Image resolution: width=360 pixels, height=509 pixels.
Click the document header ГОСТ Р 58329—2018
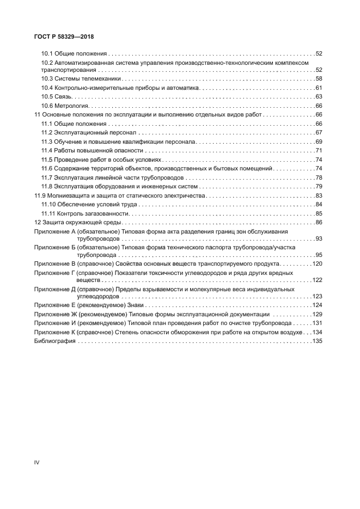tap(64, 37)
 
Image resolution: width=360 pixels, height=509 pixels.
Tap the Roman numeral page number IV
tap(37, 462)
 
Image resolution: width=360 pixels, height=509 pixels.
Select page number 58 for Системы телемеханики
tap(319, 79)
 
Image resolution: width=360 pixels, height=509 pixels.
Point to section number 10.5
tap(47, 97)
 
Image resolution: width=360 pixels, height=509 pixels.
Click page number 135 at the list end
tap(318, 341)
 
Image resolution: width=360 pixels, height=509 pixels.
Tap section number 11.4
tap(47, 150)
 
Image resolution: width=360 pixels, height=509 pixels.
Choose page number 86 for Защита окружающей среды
tap(319, 222)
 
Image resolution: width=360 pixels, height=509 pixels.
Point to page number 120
tap(318, 263)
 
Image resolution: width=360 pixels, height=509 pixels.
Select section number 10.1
tap(47, 54)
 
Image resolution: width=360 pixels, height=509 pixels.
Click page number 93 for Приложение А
tap(319, 239)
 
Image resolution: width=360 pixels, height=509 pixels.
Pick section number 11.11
tap(49, 213)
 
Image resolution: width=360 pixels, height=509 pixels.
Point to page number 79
tap(319, 186)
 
